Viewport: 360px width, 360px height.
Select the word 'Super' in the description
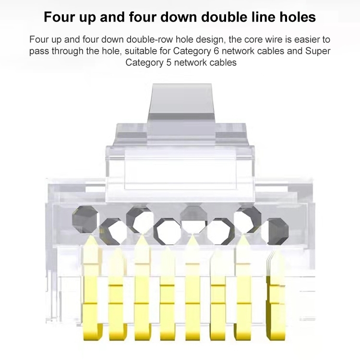(318, 51)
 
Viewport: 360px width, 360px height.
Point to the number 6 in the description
(216, 51)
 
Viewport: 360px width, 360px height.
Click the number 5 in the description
(169, 62)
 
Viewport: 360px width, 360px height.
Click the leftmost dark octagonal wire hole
(84, 219)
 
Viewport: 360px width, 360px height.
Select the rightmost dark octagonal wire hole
(278, 231)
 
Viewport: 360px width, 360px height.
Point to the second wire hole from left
(113, 231)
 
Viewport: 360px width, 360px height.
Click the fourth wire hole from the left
(167, 231)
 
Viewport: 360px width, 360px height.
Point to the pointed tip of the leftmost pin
(91, 236)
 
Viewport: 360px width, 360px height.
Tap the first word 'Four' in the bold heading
(59, 17)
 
